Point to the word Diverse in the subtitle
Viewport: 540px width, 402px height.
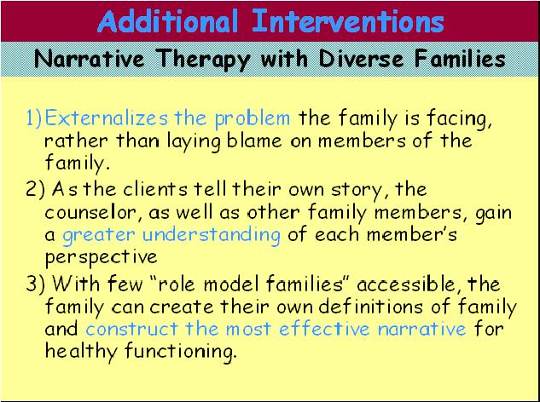click(x=356, y=60)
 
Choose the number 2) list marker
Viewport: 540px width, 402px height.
click(x=34, y=188)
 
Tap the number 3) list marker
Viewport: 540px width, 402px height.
click(x=34, y=283)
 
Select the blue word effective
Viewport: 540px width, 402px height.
click(x=330, y=329)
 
